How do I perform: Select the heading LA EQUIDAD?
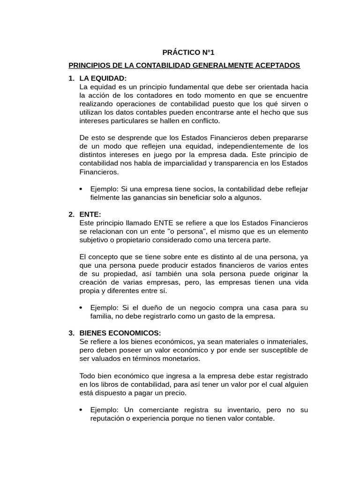pos(103,78)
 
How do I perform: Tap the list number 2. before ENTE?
pos(71,214)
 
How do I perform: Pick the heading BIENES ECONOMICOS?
pos(120,333)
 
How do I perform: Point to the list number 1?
pos(71,78)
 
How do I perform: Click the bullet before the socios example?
pos(82,189)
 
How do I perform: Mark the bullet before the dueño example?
pos(82,308)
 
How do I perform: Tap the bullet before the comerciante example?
pos(82,410)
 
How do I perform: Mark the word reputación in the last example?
pos(108,419)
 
